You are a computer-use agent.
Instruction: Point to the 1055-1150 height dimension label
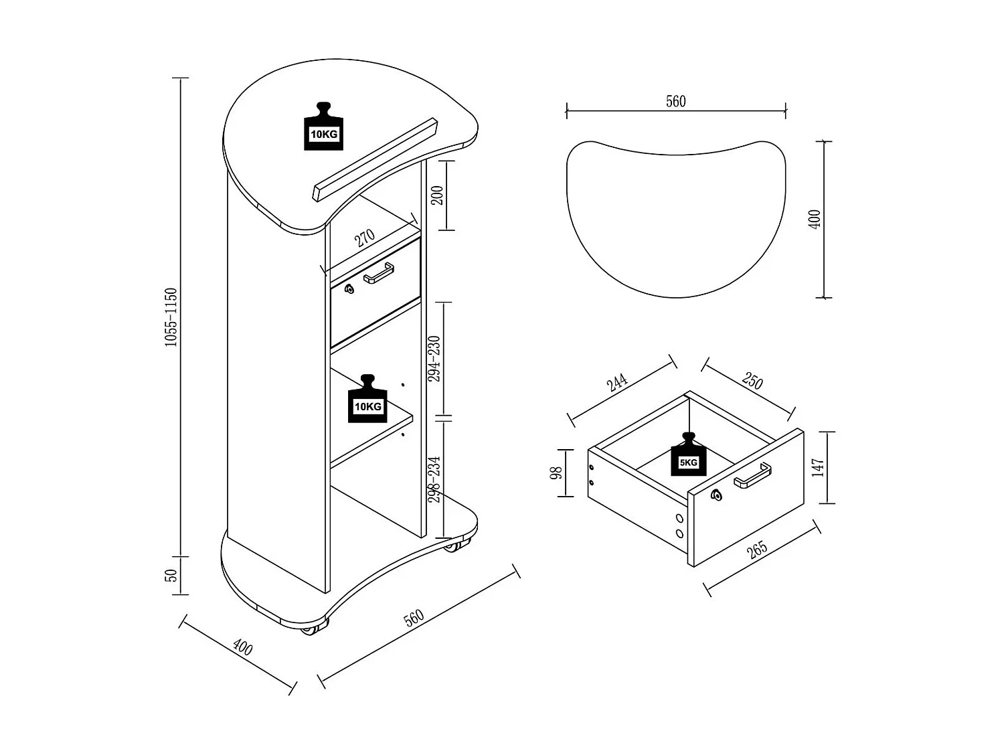171,317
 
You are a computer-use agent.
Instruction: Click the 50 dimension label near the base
171,575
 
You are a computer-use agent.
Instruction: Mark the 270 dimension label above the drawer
365,238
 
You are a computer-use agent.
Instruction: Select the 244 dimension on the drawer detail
617,383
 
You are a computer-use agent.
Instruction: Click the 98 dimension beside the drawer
556,473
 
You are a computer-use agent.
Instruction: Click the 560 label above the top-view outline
676,102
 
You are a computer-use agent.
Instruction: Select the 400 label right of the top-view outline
815,220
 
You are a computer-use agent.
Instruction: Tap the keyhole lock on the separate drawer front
717,495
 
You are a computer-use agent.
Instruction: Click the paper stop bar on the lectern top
375,159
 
